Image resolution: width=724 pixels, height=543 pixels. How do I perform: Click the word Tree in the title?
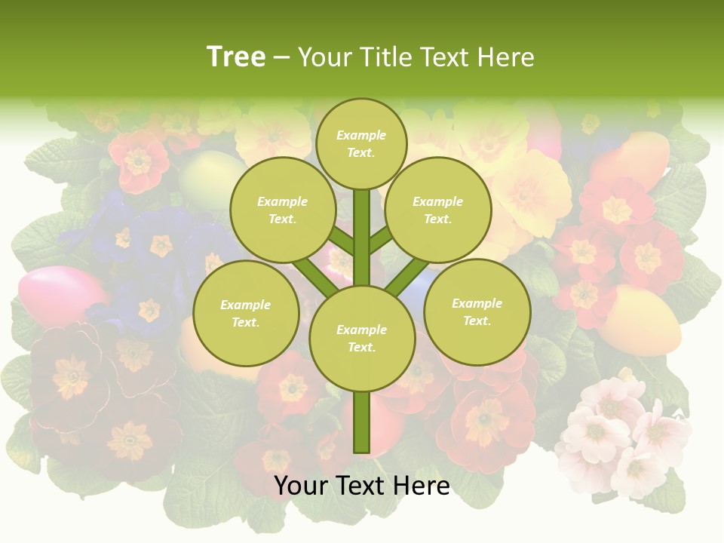coord(236,57)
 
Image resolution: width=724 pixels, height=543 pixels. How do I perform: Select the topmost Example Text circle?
coord(361,143)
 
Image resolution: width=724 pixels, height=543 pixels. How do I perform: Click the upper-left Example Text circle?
coord(282,210)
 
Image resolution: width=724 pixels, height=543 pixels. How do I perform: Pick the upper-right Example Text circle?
coord(437,210)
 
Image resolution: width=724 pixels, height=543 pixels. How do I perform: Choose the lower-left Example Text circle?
coord(245,314)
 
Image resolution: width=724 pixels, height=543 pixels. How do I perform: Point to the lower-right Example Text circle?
coord(477,312)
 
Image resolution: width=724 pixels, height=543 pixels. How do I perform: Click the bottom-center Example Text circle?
coord(361,339)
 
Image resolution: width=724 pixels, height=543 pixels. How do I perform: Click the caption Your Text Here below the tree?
coord(361,486)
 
